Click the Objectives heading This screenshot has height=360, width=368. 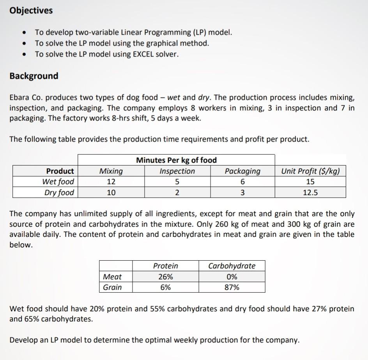pos(31,11)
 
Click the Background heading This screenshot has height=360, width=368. pos(34,76)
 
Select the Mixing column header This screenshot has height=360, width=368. pos(111,171)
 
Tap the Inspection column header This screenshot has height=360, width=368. pos(177,171)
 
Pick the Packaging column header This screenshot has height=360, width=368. pos(242,171)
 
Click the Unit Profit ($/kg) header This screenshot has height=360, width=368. pos(310,171)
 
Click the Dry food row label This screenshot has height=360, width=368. pos(58,192)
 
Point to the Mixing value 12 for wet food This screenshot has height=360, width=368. pos(111,182)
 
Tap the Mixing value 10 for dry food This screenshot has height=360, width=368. pos(111,192)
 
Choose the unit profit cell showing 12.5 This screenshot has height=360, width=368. pos(310,192)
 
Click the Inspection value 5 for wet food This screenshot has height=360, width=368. pos(177,182)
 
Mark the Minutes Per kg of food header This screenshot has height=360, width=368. pos(176,160)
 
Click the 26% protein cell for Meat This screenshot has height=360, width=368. pos(165,277)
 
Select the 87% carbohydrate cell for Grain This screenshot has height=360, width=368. pos(232,288)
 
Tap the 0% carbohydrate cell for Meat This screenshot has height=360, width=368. pos(232,277)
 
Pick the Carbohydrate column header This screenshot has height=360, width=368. pos(232,266)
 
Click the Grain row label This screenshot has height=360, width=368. pos(112,288)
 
